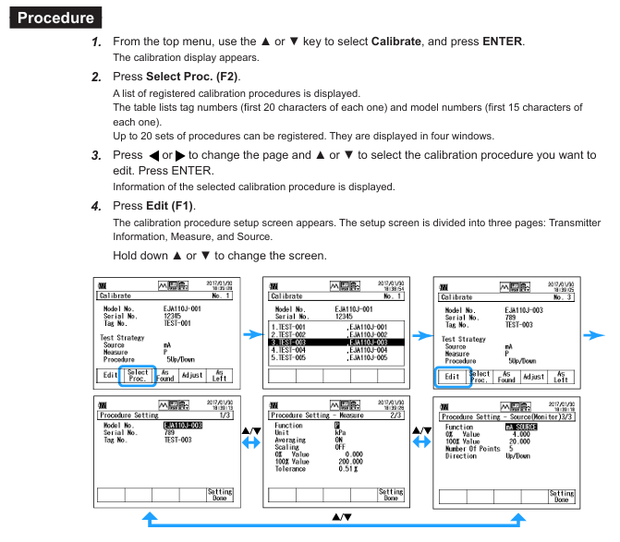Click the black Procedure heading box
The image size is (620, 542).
(x=56, y=18)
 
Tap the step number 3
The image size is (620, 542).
(x=96, y=155)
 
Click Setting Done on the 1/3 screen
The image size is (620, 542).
(x=220, y=495)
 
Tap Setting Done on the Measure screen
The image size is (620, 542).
(x=391, y=495)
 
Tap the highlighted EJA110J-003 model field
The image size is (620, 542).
(x=183, y=425)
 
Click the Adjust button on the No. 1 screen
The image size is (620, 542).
(x=192, y=377)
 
